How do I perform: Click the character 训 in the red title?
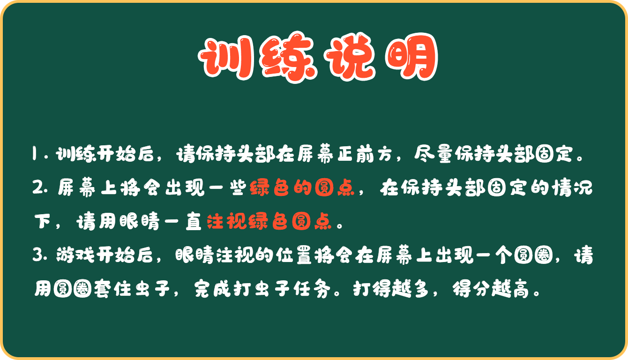[226, 58]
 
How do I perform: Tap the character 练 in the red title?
[289, 57]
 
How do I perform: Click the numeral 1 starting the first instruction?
[34, 153]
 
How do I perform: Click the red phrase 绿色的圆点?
[302, 187]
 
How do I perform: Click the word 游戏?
[75, 255]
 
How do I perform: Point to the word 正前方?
[365, 154]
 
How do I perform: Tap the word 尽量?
[434, 154]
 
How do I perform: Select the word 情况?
[573, 187]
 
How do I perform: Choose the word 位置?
[294, 255]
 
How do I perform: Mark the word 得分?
[471, 288]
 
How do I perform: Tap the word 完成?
[212, 288]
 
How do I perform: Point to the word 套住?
[112, 288]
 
